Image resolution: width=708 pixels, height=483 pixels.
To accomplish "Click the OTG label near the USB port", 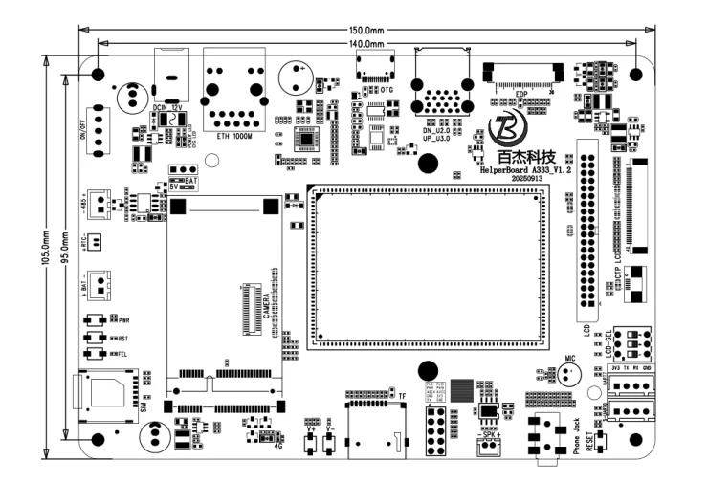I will click(x=387, y=89).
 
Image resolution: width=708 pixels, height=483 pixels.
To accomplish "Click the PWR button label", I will click(x=124, y=319).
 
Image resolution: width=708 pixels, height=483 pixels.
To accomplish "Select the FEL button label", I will click(x=123, y=354).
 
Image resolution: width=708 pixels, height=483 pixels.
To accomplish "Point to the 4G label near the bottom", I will click(x=277, y=445).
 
